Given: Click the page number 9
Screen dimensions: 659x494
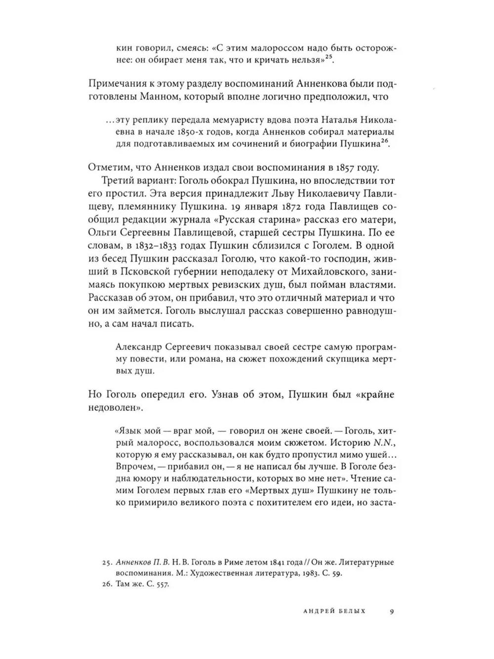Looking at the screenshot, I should coord(391,612).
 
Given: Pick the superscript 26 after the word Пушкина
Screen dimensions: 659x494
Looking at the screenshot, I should coord(386,140).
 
